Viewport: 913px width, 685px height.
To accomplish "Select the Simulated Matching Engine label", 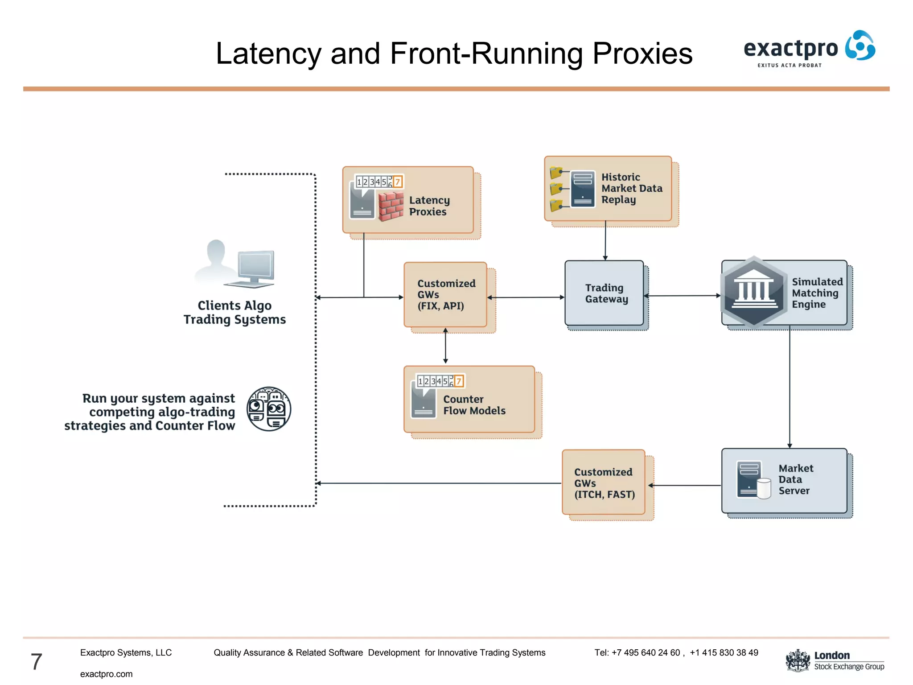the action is [x=817, y=293].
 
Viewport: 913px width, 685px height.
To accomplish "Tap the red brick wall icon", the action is [x=391, y=206].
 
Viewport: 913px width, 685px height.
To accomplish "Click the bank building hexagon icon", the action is [x=753, y=292].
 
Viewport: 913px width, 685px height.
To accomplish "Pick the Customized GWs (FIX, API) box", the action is [x=445, y=295].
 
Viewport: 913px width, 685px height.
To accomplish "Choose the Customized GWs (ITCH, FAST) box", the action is [x=603, y=483].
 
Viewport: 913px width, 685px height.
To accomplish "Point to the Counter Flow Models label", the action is [x=474, y=405].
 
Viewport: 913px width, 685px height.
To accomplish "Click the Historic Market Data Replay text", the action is [x=631, y=189].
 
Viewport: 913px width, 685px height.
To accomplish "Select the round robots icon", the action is [x=269, y=409].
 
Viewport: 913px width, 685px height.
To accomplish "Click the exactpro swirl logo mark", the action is [x=860, y=45].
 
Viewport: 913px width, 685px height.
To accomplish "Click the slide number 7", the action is [x=37, y=661].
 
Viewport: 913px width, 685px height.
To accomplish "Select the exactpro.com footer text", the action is [x=106, y=674].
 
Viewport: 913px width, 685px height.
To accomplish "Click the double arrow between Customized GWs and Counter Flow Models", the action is [x=445, y=346].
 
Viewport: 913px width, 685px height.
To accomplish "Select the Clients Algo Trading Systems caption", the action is [x=234, y=312].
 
